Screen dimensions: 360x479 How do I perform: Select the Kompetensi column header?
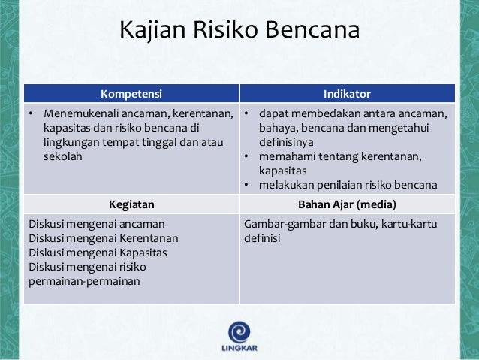[131, 94]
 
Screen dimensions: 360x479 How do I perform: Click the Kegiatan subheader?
[131, 203]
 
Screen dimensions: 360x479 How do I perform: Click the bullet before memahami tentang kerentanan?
[246, 157]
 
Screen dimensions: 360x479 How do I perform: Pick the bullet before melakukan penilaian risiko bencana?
[246, 186]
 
